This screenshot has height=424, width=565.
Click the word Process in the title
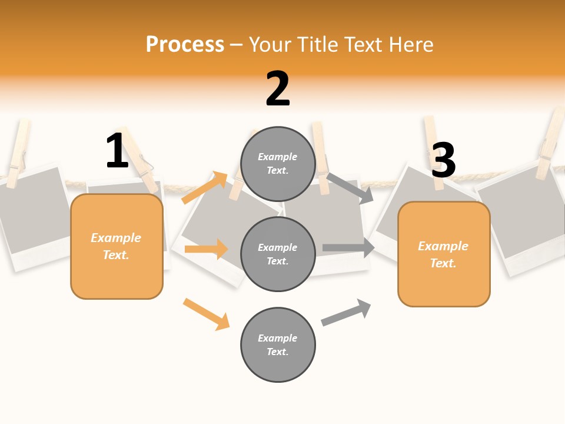[x=185, y=45]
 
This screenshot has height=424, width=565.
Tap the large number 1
[x=117, y=151]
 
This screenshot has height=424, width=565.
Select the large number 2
[x=278, y=89]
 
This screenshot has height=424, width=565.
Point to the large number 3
[x=443, y=160]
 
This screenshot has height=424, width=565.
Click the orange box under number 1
[x=117, y=246]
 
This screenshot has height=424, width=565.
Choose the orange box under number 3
[x=444, y=254]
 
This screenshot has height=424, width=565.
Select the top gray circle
[x=278, y=164]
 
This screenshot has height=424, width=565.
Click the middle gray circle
[x=278, y=254]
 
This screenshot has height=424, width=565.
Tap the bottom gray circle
[x=278, y=344]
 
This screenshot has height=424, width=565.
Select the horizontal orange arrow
[x=206, y=249]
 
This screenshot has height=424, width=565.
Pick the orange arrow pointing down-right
[x=207, y=314]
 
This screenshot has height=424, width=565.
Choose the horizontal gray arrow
[x=348, y=248]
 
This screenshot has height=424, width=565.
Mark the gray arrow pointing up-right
[x=346, y=312]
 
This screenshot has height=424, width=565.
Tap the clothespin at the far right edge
[x=550, y=144]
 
